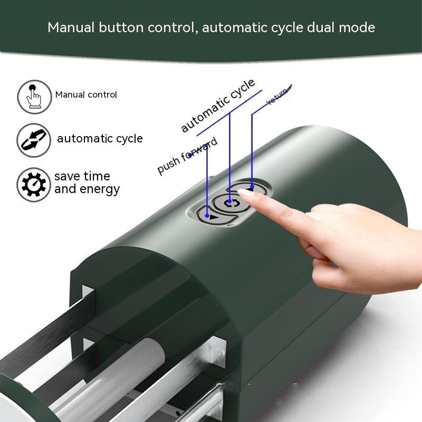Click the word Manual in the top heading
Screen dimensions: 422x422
70,27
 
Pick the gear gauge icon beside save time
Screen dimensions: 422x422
33,184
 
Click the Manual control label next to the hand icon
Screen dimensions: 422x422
86,95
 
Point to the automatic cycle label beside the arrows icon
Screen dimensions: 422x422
100,139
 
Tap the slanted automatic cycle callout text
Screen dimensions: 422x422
217,105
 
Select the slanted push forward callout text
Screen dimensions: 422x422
187,156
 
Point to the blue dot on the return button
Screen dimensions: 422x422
252,186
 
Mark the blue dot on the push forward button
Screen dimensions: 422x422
207,215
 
